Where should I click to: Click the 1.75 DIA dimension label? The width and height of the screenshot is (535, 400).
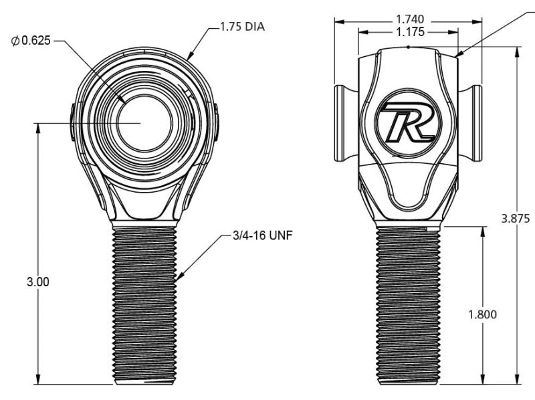(x=243, y=28)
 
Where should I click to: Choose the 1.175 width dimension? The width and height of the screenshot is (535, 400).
(x=408, y=31)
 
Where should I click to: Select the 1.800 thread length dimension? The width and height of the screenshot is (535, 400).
(x=481, y=314)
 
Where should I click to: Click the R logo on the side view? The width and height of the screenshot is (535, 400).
(x=407, y=123)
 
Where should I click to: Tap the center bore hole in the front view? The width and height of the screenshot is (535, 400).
(x=144, y=123)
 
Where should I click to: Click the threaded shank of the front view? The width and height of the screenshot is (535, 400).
(x=145, y=304)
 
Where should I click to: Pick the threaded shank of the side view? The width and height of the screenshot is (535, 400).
(x=407, y=304)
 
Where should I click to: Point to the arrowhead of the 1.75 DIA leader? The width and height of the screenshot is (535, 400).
(x=189, y=58)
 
